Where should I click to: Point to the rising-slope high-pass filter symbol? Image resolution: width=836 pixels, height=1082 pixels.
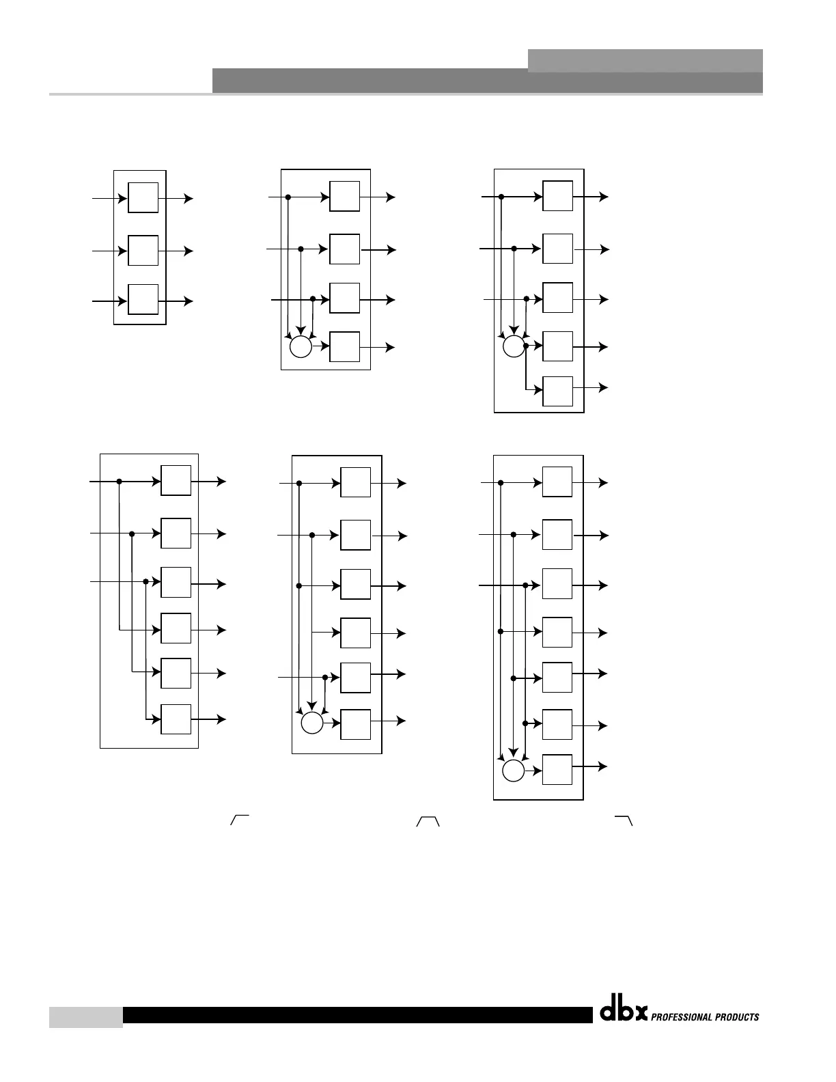[x=239, y=820]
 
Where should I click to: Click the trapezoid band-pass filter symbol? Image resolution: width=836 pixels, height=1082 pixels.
[x=428, y=821]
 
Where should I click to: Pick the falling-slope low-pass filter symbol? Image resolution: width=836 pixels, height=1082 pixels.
[x=624, y=820]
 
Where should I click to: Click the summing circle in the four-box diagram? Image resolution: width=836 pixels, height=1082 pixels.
[x=301, y=347]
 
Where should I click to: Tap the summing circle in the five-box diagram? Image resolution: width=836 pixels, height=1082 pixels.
[x=514, y=347]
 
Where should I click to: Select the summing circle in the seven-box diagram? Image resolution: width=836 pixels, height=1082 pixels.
[x=513, y=771]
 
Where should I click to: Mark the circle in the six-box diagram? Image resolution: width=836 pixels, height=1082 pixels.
[x=312, y=723]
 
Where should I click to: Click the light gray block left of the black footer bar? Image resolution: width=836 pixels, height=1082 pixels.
[x=86, y=1016]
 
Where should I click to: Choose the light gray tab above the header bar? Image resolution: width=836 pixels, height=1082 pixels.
[x=645, y=60]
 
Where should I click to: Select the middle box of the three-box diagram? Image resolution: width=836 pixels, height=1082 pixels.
[x=143, y=251]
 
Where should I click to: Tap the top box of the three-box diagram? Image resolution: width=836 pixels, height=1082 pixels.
[x=143, y=198]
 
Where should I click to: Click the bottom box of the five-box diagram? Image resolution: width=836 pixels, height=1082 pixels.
[x=557, y=391]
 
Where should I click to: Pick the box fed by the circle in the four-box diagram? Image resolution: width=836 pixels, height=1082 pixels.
[x=344, y=347]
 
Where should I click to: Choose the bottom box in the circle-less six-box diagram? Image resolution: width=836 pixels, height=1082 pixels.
[x=176, y=719]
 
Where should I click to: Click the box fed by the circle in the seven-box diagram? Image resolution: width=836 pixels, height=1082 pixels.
[x=557, y=770]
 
